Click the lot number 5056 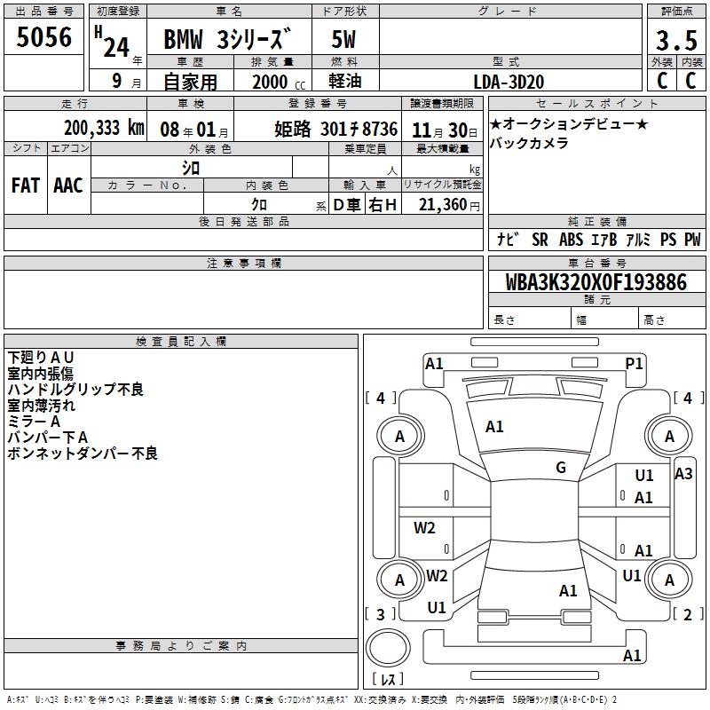[43, 36]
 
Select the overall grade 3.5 [676, 40]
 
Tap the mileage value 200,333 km [104, 128]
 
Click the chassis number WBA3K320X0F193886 [596, 282]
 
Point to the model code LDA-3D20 [509, 82]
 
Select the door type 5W [343, 39]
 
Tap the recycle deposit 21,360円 [449, 205]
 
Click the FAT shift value [26, 185]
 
